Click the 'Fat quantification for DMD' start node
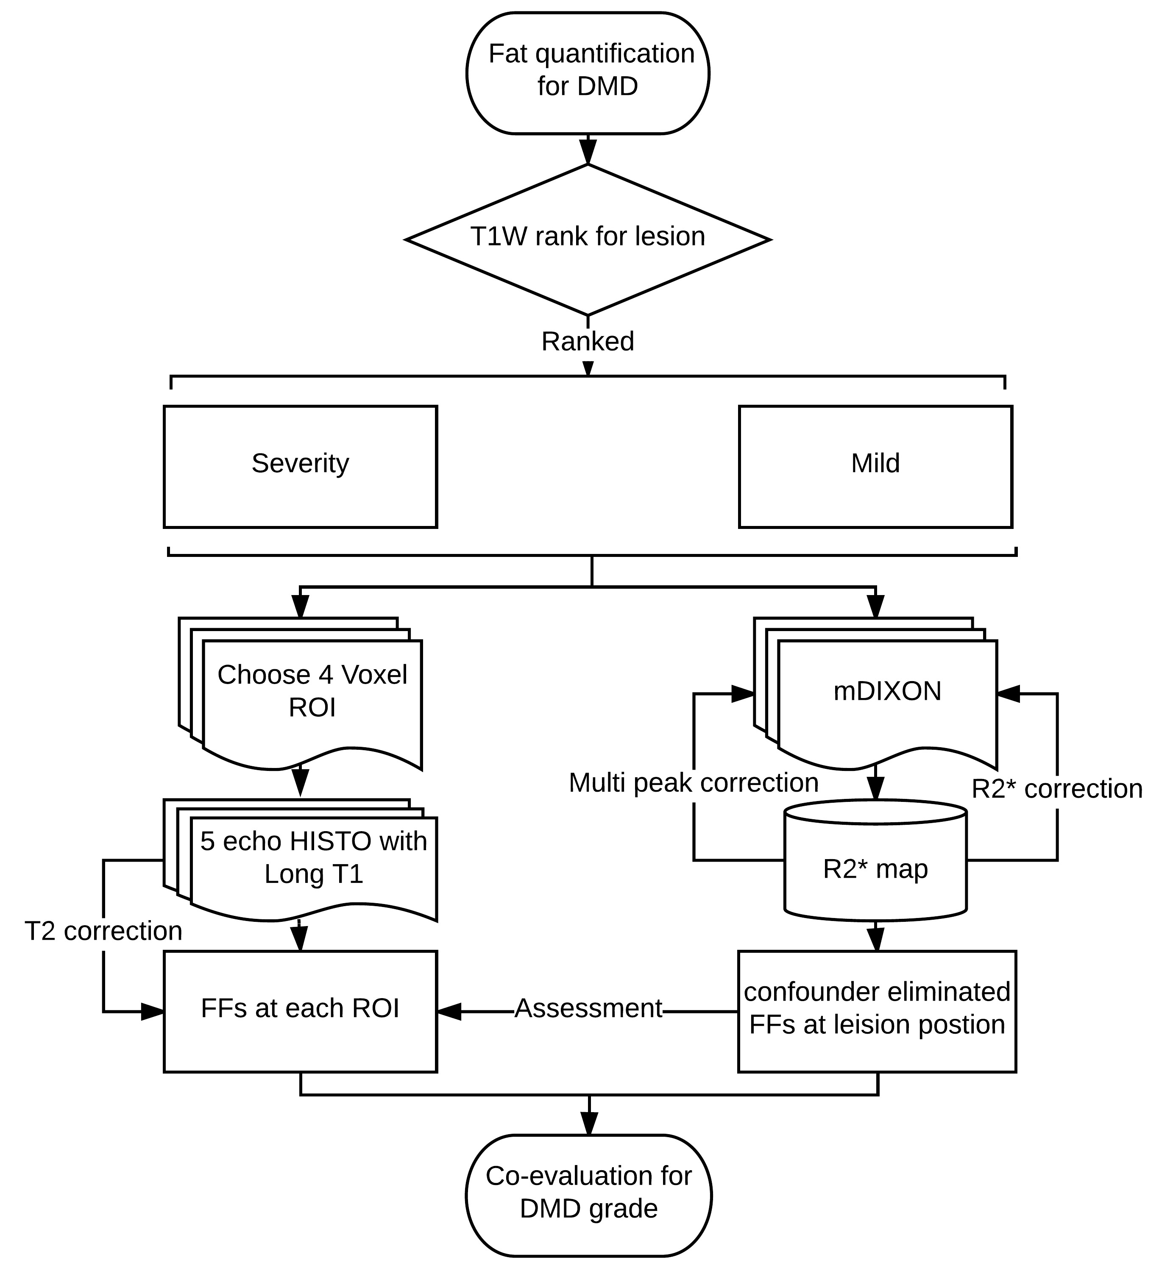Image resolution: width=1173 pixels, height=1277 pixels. tap(588, 72)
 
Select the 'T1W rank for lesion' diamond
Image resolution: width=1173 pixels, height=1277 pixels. tap(588, 239)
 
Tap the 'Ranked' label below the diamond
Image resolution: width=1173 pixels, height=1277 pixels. tap(588, 342)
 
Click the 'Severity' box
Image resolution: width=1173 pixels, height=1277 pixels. tap(300, 467)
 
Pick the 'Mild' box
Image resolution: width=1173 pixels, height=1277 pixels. tap(875, 467)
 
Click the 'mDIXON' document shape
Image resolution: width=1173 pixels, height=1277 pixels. tap(887, 692)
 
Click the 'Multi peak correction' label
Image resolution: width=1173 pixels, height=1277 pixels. tap(693, 782)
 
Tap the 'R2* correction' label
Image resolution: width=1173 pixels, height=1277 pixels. tap(1057, 789)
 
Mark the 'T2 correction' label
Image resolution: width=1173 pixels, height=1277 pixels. tap(103, 931)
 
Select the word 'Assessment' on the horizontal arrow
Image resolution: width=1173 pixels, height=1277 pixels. tap(588, 1009)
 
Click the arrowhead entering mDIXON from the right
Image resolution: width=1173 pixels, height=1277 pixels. tap(1009, 694)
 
